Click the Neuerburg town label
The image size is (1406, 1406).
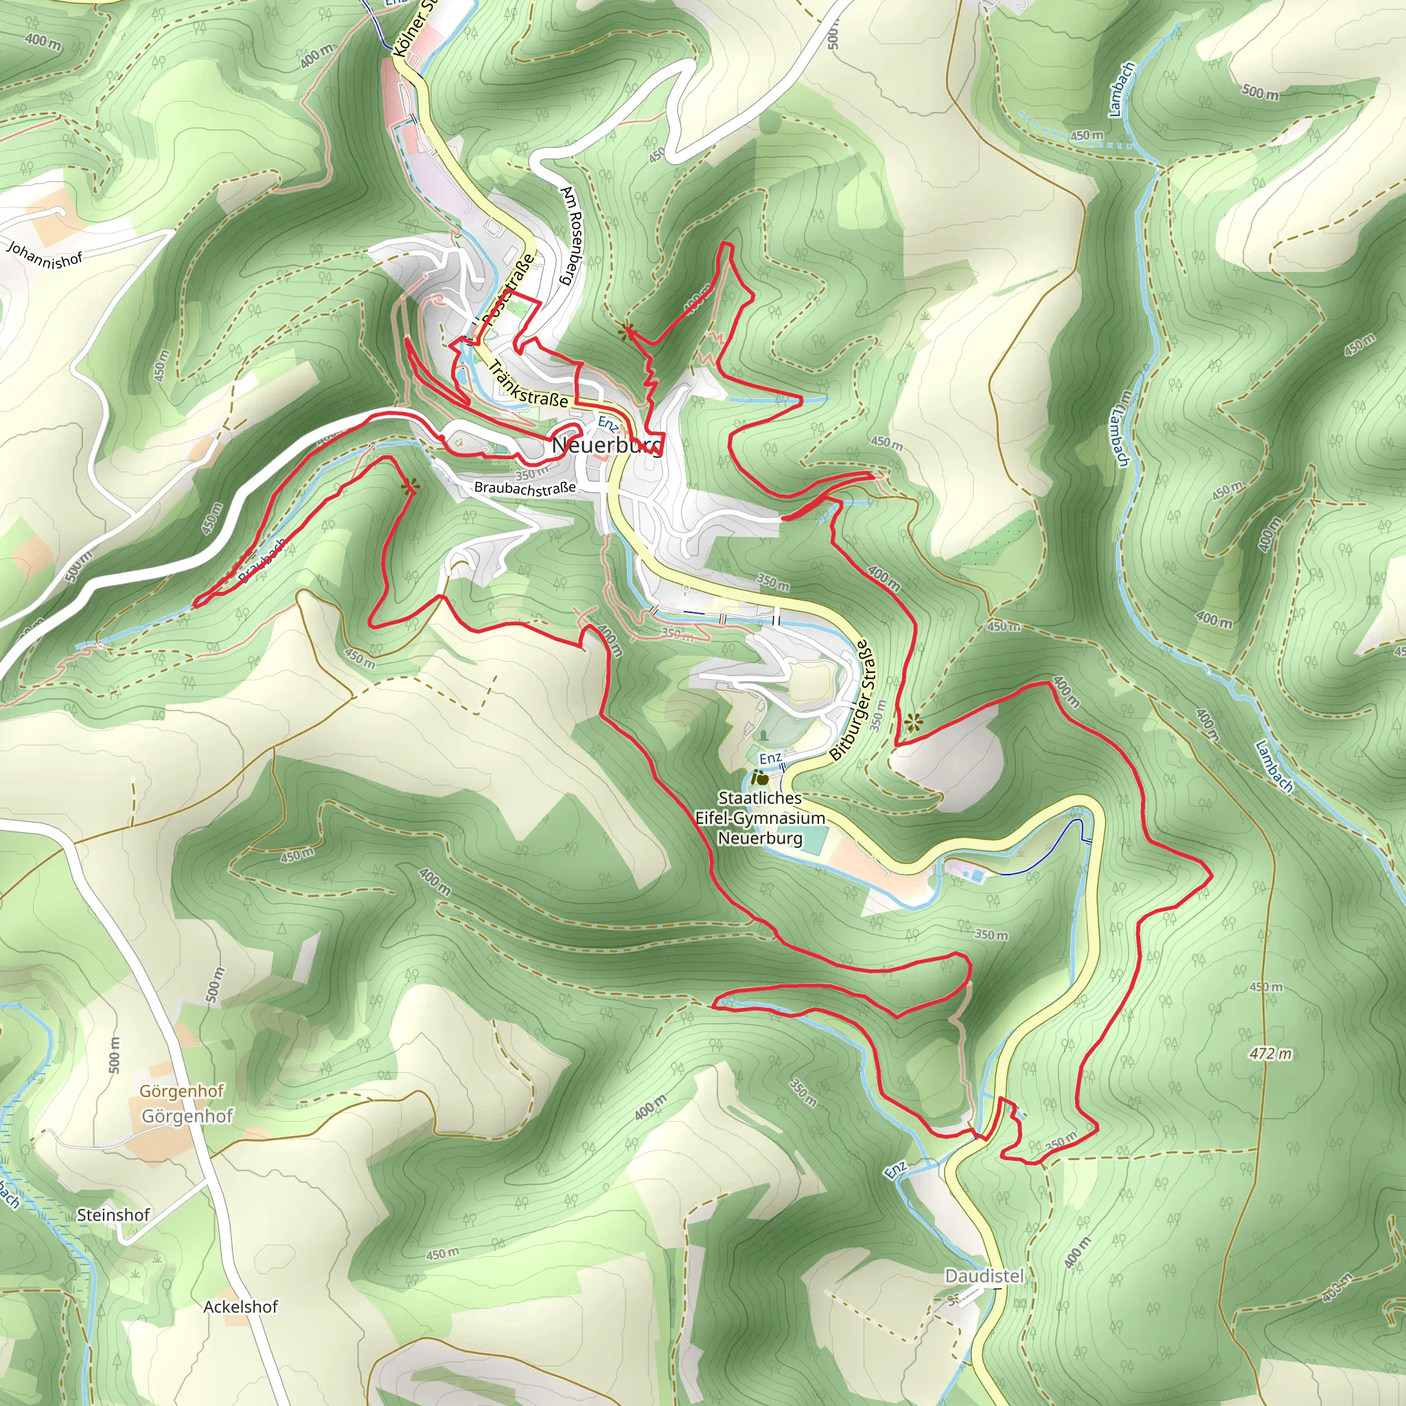pyautogui.click(x=607, y=445)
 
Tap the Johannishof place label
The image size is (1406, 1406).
pyautogui.click(x=45, y=255)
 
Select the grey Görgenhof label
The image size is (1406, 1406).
pyautogui.click(x=187, y=1116)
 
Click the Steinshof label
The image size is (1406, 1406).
pyautogui.click(x=113, y=1214)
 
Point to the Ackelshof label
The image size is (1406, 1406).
pyautogui.click(x=240, y=1306)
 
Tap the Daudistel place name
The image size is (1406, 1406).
pyautogui.click(x=984, y=1276)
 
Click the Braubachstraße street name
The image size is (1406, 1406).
pyautogui.click(x=525, y=487)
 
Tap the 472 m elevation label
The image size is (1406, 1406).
pyautogui.click(x=1271, y=1053)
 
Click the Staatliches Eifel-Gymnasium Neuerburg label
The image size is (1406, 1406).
pyautogui.click(x=760, y=818)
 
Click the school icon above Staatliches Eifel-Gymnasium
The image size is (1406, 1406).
pyautogui.click(x=760, y=778)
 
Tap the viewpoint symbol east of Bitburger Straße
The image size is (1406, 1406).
pyautogui.click(x=913, y=722)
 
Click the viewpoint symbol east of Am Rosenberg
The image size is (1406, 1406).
pyautogui.click(x=625, y=332)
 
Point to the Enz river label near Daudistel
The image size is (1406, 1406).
pyautogui.click(x=896, y=1169)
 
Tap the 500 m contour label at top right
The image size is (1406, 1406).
pyautogui.click(x=1260, y=93)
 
